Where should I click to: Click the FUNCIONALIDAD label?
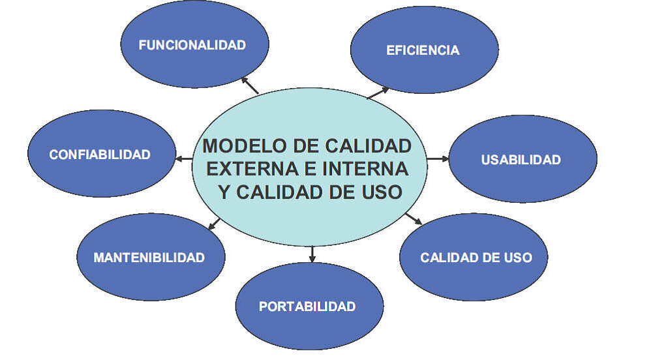[192, 45]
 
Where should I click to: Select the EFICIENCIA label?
[423, 50]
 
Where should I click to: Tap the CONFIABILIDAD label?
[100, 155]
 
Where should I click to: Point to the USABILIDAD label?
[520, 160]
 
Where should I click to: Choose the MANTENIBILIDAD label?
[149, 258]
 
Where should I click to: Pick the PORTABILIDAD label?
[307, 307]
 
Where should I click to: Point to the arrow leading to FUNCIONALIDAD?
[250, 85]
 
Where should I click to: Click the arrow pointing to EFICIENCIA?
[378, 93]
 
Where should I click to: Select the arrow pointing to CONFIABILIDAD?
[183, 158]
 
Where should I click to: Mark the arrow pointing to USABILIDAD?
[438, 158]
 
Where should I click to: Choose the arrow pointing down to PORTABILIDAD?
[312, 254]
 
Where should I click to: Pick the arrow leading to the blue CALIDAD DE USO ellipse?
[413, 218]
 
